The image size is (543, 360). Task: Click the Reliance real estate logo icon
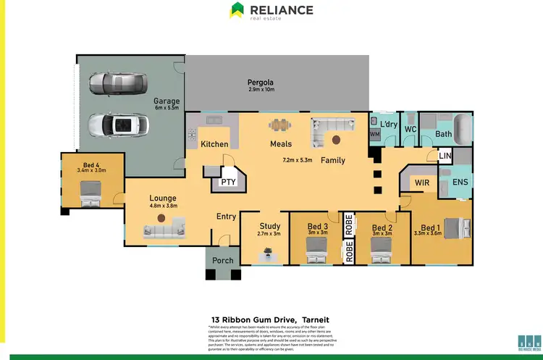237,10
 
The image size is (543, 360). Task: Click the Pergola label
261,83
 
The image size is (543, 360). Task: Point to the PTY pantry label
228,181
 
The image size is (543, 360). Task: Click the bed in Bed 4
90,193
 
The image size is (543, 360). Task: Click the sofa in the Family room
329,133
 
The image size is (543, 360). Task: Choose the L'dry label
389,125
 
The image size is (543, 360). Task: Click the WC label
410,129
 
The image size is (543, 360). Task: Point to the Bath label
444,134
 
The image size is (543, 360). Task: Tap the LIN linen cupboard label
445,156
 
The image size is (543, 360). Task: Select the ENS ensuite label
460,183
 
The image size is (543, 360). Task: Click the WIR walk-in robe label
422,183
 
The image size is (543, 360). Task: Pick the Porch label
223,261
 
